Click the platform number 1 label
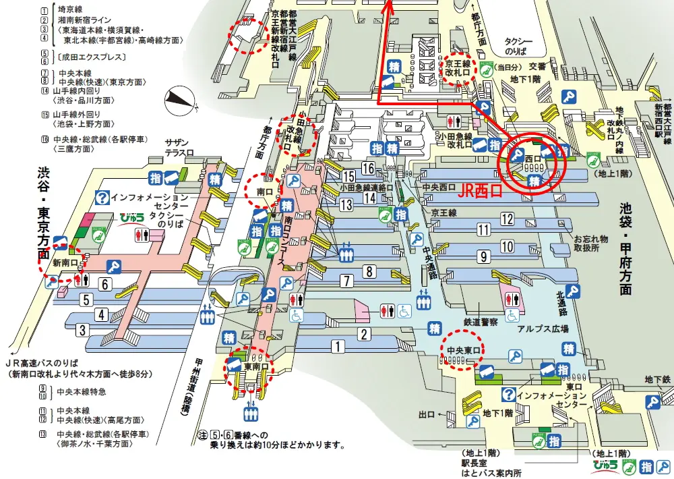[336, 347]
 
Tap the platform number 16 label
[368, 168]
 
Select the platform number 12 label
[507, 218]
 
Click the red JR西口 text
[480, 192]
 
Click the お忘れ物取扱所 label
[590, 243]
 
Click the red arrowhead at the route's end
[388, 7]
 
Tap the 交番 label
[537, 66]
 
